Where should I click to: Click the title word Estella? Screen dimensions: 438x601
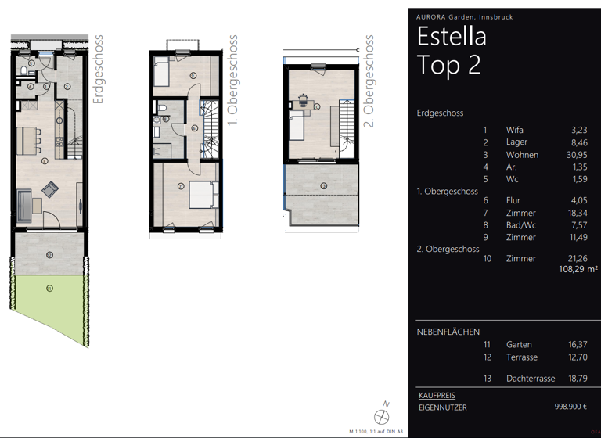coord(452,36)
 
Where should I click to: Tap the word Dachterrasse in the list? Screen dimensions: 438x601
coord(531,379)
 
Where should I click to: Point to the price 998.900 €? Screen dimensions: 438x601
coord(577,407)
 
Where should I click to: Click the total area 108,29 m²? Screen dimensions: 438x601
coord(578,269)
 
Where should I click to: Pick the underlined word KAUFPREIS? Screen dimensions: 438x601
coord(437,396)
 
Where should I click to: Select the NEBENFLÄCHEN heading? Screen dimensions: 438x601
coord(448,332)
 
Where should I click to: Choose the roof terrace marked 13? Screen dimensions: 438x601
coord(323,188)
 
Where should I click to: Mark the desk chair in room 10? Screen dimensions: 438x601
coord(301,99)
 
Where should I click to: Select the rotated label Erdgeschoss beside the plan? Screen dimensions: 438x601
coord(98,70)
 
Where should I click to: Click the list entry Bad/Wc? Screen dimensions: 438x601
coord(522,225)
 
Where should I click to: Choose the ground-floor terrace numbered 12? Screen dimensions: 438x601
coord(49,253)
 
